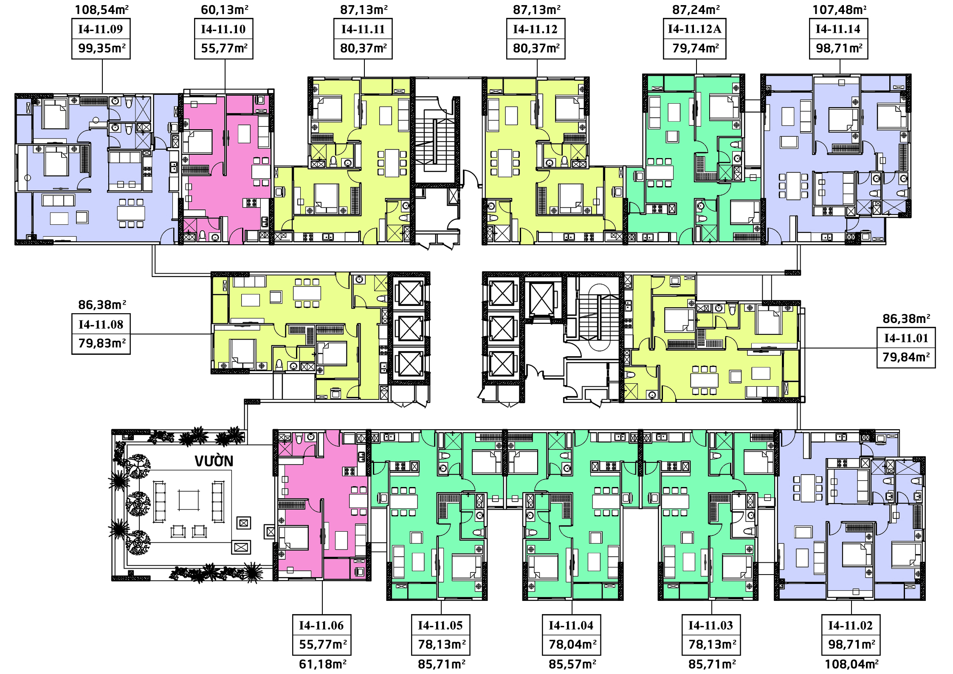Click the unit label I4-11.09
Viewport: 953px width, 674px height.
(101, 29)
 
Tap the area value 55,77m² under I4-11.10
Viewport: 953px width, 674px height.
(224, 48)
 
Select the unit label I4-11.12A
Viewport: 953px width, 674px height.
(694, 29)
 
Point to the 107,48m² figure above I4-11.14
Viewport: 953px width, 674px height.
(839, 9)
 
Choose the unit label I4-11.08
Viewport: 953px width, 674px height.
(101, 324)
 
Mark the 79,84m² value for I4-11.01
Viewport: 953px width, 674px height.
(906, 357)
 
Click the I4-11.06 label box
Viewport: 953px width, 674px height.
(322, 634)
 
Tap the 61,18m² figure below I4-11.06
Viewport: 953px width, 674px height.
(322, 664)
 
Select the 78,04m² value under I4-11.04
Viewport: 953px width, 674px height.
(572, 644)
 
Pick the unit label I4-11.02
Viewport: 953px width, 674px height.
(850, 625)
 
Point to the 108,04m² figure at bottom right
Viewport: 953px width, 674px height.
(851, 664)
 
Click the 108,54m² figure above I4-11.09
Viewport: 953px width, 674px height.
(102, 9)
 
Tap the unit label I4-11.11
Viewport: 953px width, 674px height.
(363, 29)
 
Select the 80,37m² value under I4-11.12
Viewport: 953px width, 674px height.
(536, 48)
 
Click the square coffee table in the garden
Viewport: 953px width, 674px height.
(189, 500)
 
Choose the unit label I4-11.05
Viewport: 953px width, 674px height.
(440, 625)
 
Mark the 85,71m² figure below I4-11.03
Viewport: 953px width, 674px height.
(712, 664)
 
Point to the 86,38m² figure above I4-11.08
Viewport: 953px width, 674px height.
(102, 305)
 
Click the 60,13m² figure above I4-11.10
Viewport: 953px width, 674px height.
(224, 9)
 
